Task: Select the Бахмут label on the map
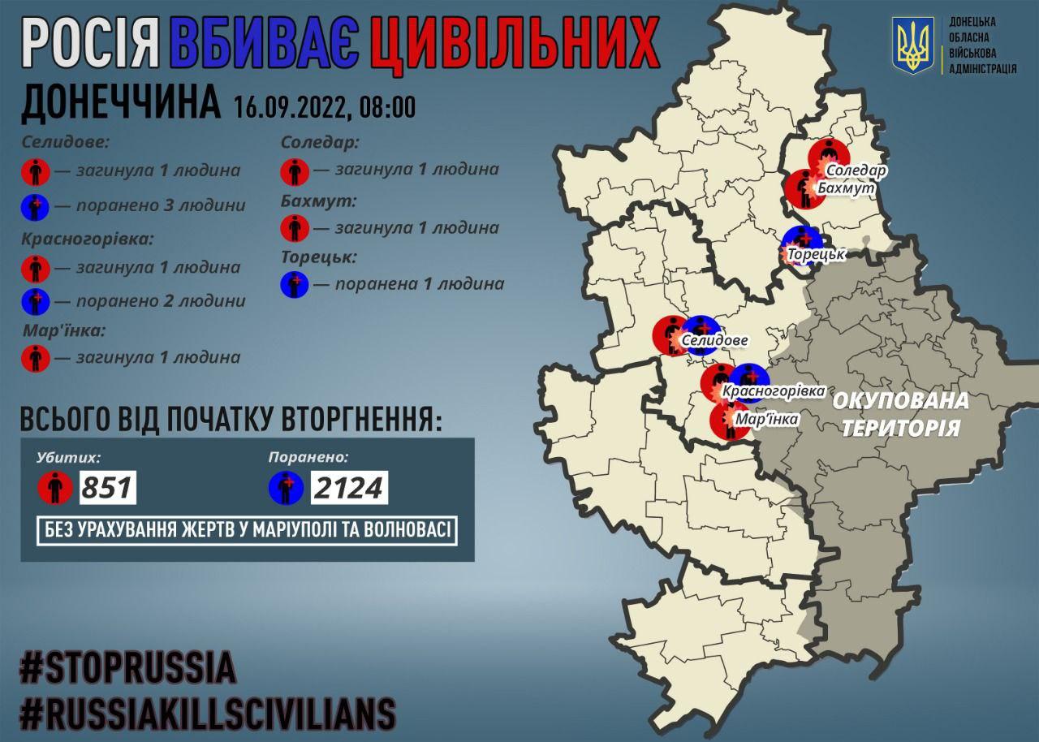click(851, 188)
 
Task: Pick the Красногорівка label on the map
click(773, 391)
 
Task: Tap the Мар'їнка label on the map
click(765, 419)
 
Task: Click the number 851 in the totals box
click(106, 488)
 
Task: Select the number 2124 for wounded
click(348, 488)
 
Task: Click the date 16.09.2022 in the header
click(291, 106)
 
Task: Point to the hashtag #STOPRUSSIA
click(127, 668)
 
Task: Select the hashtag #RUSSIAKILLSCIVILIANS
click(208, 714)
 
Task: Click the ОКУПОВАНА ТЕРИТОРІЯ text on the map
click(900, 413)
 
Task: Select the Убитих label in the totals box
click(68, 457)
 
